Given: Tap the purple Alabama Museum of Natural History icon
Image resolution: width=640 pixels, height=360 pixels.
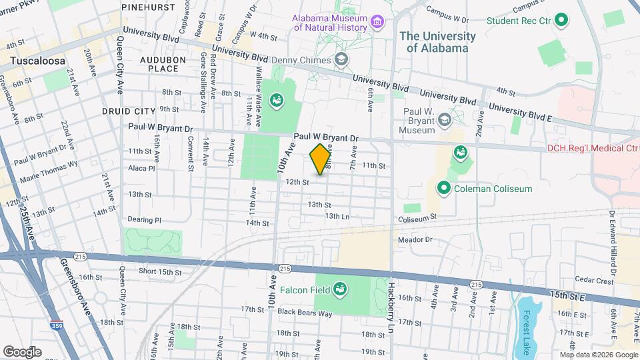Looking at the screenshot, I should (x=378, y=22).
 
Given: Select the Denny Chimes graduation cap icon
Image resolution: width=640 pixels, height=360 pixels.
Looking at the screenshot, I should (x=342, y=61).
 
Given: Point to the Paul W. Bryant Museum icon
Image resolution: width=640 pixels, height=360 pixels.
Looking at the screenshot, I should (x=445, y=120).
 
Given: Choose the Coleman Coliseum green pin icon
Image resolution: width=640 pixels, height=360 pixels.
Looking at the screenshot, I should (x=443, y=189).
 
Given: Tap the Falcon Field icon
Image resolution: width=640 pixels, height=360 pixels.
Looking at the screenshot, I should (x=340, y=289).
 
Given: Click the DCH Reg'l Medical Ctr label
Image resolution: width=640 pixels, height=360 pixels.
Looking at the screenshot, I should (x=592, y=148).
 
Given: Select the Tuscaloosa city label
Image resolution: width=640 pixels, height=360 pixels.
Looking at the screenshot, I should (x=37, y=61).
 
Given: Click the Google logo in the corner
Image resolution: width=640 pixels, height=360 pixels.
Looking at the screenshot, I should (x=22, y=351).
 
